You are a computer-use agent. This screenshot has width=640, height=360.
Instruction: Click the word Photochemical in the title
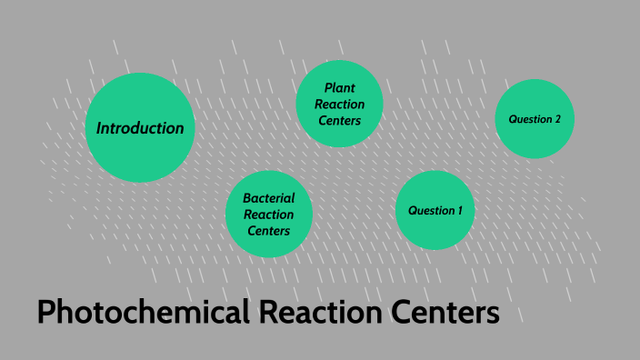(142, 314)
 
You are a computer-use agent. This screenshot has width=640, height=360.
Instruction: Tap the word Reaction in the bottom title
(310, 314)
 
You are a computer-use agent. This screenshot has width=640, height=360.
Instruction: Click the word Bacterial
(269, 197)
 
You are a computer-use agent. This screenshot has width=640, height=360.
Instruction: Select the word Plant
(340, 88)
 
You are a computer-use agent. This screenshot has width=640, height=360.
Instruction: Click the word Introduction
(140, 128)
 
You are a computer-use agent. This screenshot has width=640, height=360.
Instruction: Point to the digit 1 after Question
(459, 210)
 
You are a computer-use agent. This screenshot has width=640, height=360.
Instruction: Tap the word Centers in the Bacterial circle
(269, 230)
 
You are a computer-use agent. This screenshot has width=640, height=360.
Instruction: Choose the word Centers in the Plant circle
(340, 120)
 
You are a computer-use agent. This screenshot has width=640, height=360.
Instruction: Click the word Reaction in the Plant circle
(340, 105)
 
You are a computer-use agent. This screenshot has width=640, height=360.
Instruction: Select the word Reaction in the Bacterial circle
(269, 214)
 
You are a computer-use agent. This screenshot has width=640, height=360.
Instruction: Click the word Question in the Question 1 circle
(430, 210)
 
